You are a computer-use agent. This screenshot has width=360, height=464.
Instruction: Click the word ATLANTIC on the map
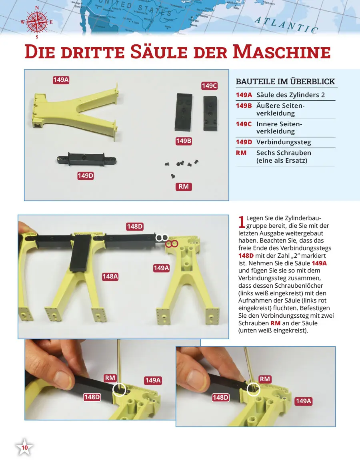click(286, 25)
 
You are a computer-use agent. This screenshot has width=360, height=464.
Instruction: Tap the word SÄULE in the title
click(159, 52)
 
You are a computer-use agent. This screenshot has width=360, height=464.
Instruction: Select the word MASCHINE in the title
click(282, 52)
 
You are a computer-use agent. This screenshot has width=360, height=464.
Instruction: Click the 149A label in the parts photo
click(61, 80)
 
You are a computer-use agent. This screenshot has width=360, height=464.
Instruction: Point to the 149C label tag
click(209, 86)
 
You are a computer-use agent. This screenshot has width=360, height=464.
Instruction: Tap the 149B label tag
click(184, 141)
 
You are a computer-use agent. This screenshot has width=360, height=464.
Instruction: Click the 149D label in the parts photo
click(86, 176)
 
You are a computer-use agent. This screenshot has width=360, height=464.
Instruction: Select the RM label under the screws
click(184, 187)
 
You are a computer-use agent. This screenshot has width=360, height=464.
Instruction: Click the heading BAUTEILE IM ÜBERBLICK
click(285, 82)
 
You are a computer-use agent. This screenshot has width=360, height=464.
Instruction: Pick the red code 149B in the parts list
click(244, 106)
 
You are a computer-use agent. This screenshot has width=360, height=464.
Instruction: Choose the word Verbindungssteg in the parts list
click(284, 142)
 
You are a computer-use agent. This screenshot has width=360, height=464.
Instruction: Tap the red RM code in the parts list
click(241, 153)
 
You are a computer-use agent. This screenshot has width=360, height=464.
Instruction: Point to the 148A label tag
click(110, 277)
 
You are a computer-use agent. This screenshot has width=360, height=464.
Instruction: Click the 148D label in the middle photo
click(135, 227)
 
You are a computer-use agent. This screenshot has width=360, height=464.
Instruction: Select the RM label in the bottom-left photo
click(110, 378)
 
